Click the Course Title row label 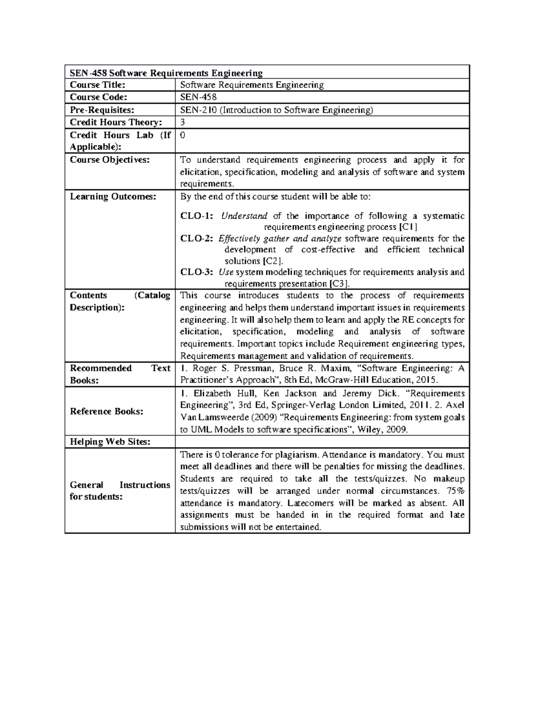click(x=97, y=85)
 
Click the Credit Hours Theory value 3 click(x=183, y=122)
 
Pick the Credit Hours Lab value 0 click(x=183, y=135)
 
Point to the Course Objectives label click(x=109, y=160)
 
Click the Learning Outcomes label click(x=113, y=197)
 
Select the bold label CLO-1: click(x=197, y=216)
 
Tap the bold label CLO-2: click(x=197, y=239)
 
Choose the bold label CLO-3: click(x=197, y=272)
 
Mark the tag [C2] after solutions click(x=272, y=261)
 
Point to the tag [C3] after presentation click(x=339, y=283)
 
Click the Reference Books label click(x=106, y=411)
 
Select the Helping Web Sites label click(x=110, y=442)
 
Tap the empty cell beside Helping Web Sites click(x=322, y=442)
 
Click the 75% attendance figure click(x=455, y=491)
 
